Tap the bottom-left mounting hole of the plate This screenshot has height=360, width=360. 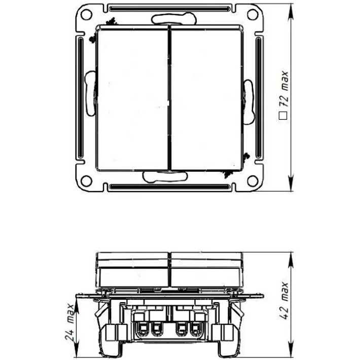click(87, 179)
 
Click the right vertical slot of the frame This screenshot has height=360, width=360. click(258, 99)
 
